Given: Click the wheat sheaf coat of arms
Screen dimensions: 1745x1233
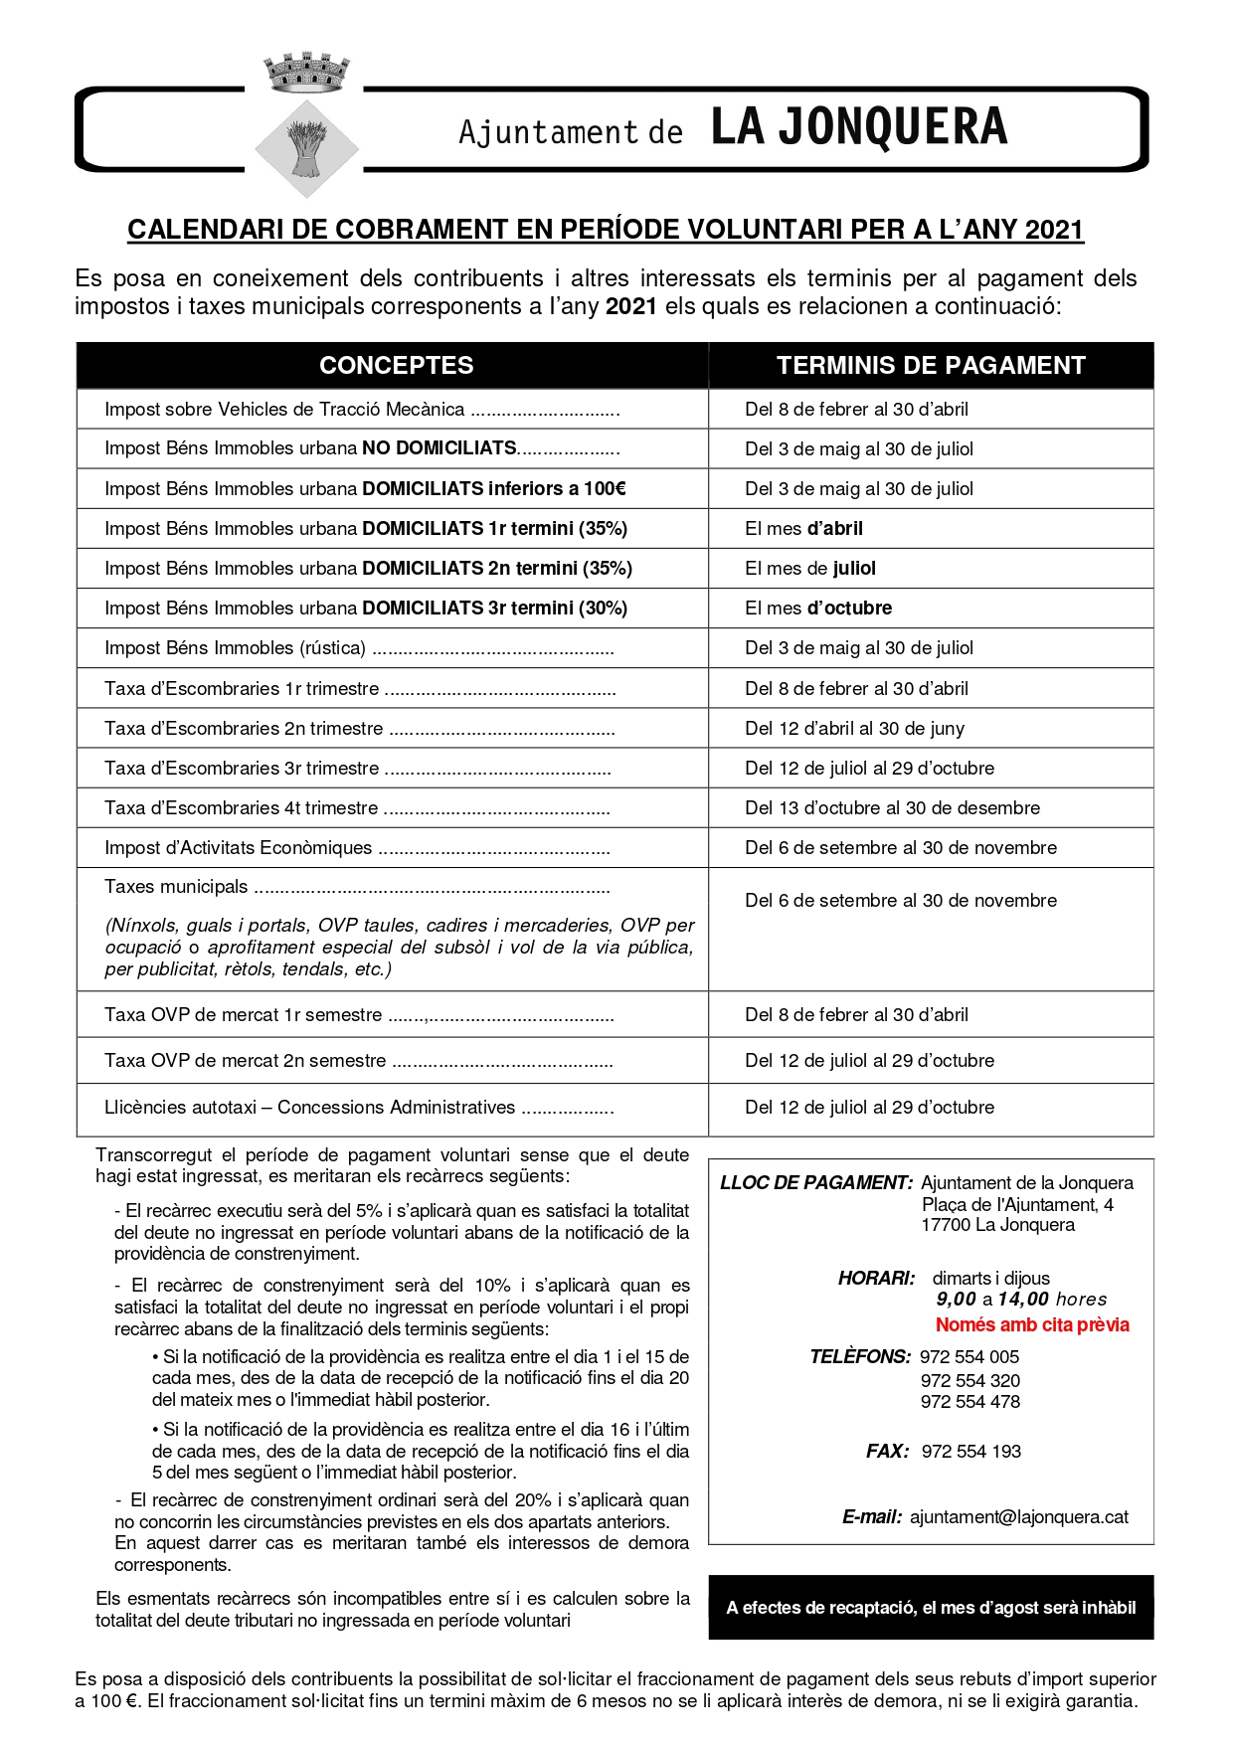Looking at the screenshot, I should [x=306, y=147].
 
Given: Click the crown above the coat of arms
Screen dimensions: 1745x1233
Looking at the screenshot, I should [x=306, y=73].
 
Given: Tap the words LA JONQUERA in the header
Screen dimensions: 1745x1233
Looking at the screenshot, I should [x=859, y=127].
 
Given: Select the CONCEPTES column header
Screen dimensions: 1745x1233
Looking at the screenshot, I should [x=396, y=365].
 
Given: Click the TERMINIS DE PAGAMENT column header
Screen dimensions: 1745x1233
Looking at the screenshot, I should [x=930, y=365].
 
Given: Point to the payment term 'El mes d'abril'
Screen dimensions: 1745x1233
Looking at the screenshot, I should [x=803, y=529].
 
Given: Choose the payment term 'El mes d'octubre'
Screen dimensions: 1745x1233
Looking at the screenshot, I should [x=818, y=609].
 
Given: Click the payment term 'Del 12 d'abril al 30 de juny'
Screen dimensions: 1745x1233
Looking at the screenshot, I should [x=854, y=729].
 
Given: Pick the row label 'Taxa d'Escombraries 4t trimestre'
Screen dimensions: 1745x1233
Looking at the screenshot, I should [x=242, y=808].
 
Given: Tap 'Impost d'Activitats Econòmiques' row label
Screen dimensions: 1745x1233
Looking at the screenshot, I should [x=239, y=848].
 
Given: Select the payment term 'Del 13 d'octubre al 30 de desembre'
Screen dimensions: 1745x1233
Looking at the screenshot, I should [x=892, y=808].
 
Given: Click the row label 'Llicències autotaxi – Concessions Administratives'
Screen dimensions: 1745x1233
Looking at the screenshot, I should [x=309, y=1108].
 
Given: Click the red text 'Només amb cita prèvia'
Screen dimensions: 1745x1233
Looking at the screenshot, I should [x=1032, y=1325].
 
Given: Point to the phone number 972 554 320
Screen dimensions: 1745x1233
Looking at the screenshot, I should [x=969, y=1380].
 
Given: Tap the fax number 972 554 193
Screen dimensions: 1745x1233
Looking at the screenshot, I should [x=970, y=1452].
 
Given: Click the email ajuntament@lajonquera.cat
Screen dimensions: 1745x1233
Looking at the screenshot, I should [x=1018, y=1517].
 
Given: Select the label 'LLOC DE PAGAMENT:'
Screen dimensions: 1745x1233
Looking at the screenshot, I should [x=815, y=1183].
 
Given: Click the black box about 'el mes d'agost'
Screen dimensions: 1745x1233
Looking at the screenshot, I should [x=931, y=1608].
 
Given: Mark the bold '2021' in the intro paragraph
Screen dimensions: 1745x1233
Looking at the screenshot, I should [x=630, y=306].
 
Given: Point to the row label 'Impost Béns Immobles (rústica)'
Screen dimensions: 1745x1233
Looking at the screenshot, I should [x=236, y=648].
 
